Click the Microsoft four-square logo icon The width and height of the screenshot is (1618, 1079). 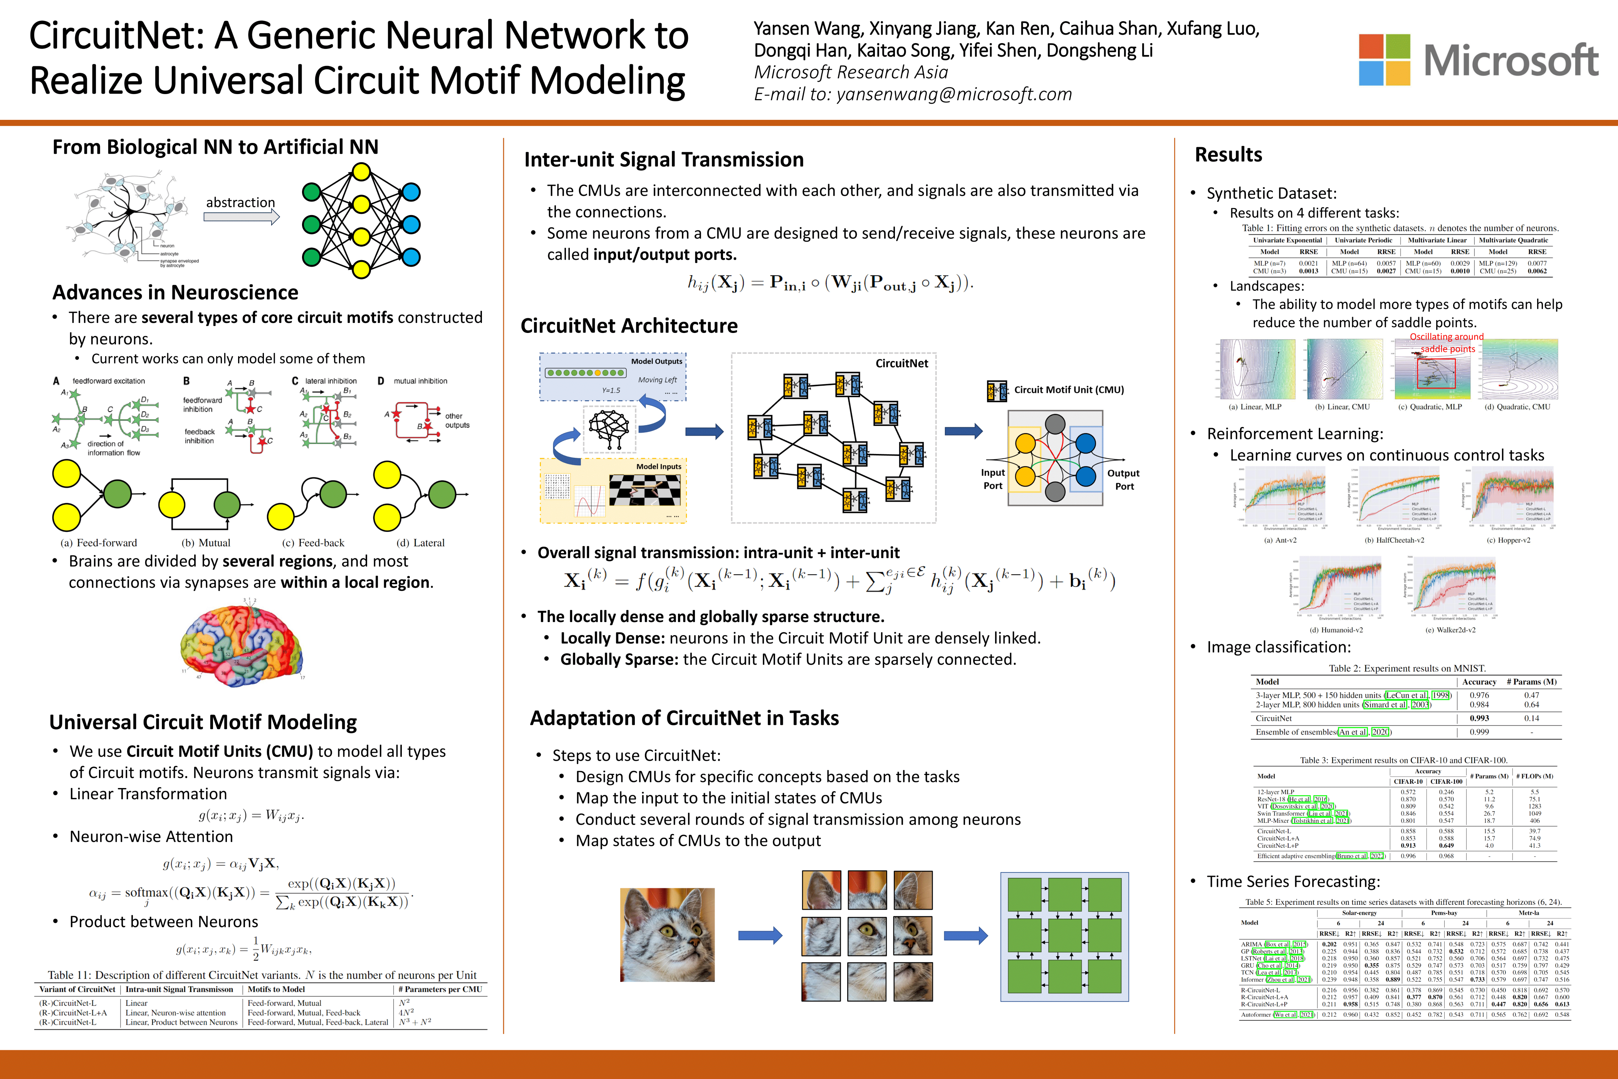[x=1384, y=60]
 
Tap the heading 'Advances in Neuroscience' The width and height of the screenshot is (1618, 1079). [x=175, y=292]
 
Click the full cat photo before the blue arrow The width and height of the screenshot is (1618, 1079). [x=667, y=934]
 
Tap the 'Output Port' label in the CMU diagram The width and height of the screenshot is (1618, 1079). [x=1123, y=480]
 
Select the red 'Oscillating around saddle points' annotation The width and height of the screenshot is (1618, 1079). [x=1447, y=343]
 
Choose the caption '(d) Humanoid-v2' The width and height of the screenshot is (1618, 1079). [x=1336, y=630]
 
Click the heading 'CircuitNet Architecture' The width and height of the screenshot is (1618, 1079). [x=629, y=326]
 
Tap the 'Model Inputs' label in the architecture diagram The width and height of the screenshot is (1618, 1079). [x=658, y=467]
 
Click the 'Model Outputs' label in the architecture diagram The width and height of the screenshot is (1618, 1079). [x=656, y=361]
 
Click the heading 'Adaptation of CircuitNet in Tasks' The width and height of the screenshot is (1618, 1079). [x=684, y=718]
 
